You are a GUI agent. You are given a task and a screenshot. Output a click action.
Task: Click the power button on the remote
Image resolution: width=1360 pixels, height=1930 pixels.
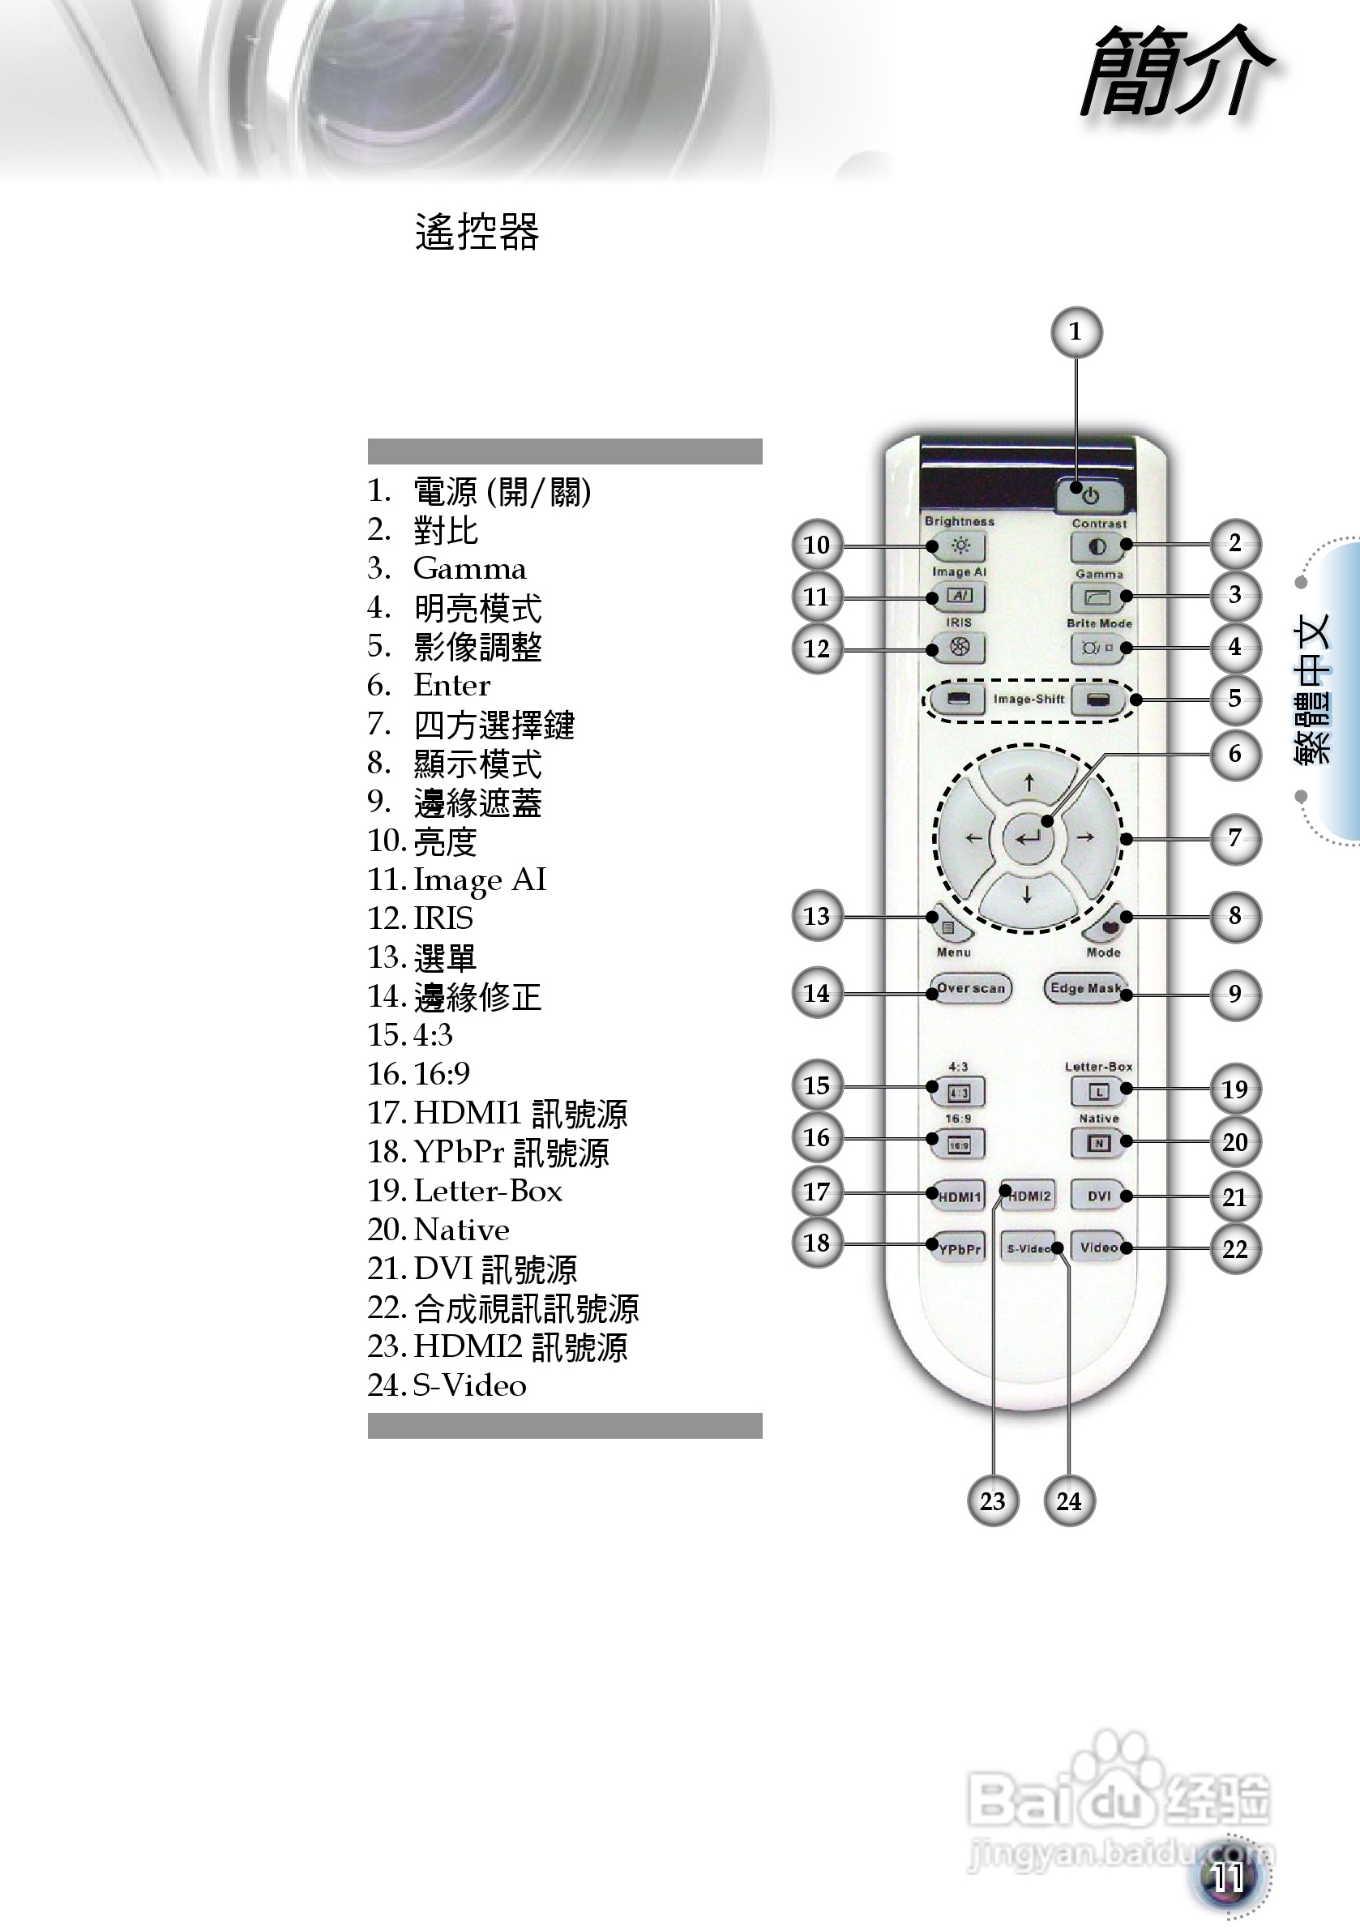click(x=1090, y=496)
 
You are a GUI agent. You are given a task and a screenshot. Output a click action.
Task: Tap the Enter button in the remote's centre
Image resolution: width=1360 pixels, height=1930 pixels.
click(x=1027, y=837)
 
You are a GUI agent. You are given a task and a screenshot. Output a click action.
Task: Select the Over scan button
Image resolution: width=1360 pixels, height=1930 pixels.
click(x=971, y=989)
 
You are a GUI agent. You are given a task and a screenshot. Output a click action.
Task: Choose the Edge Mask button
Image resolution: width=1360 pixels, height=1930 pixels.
click(x=1085, y=989)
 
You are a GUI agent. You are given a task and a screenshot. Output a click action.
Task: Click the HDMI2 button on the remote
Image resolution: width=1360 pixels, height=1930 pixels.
click(x=1029, y=1196)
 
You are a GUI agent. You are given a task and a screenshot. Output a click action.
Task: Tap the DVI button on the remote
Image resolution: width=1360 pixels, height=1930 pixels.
click(x=1098, y=1196)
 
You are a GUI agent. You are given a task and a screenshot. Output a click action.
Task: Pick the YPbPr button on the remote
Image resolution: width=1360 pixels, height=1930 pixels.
click(x=958, y=1248)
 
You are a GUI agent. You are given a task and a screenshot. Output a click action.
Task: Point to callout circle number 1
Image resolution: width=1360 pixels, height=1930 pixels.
click(x=1076, y=333)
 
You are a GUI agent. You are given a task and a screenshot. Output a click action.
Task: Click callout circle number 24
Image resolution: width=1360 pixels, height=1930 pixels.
click(x=1068, y=1501)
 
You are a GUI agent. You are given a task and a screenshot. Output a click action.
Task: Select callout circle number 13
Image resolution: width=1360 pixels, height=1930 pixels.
click(x=817, y=916)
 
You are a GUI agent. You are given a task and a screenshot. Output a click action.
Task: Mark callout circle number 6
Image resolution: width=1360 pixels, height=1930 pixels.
click(x=1234, y=753)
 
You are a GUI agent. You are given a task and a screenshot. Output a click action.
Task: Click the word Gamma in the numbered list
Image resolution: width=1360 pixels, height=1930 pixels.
click(x=469, y=569)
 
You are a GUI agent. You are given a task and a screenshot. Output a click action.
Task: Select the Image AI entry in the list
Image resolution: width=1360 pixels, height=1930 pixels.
click(x=479, y=879)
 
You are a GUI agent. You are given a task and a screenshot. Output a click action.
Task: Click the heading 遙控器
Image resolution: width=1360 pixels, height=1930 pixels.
click(x=477, y=232)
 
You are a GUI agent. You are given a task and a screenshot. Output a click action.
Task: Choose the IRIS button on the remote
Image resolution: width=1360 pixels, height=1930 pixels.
click(x=959, y=648)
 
